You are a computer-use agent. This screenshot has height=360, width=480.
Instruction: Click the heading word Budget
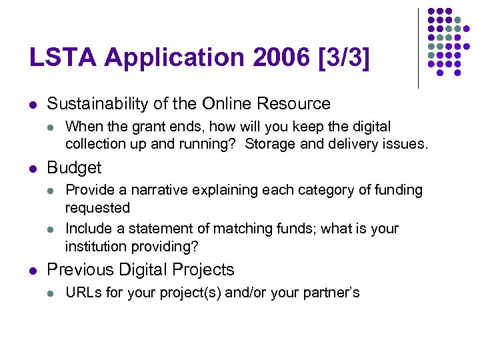(x=74, y=167)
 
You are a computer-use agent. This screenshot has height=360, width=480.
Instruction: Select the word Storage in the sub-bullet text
(x=270, y=144)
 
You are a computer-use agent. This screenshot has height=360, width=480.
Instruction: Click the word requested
(x=97, y=208)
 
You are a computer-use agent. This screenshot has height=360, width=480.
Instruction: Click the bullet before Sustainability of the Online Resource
(x=33, y=105)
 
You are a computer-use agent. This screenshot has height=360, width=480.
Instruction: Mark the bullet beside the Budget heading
(x=33, y=168)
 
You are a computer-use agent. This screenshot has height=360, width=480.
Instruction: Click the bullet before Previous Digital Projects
(x=33, y=271)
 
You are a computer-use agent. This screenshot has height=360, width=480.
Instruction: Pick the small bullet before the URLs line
(x=51, y=293)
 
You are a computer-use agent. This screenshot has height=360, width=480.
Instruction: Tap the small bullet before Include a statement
(x=51, y=229)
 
